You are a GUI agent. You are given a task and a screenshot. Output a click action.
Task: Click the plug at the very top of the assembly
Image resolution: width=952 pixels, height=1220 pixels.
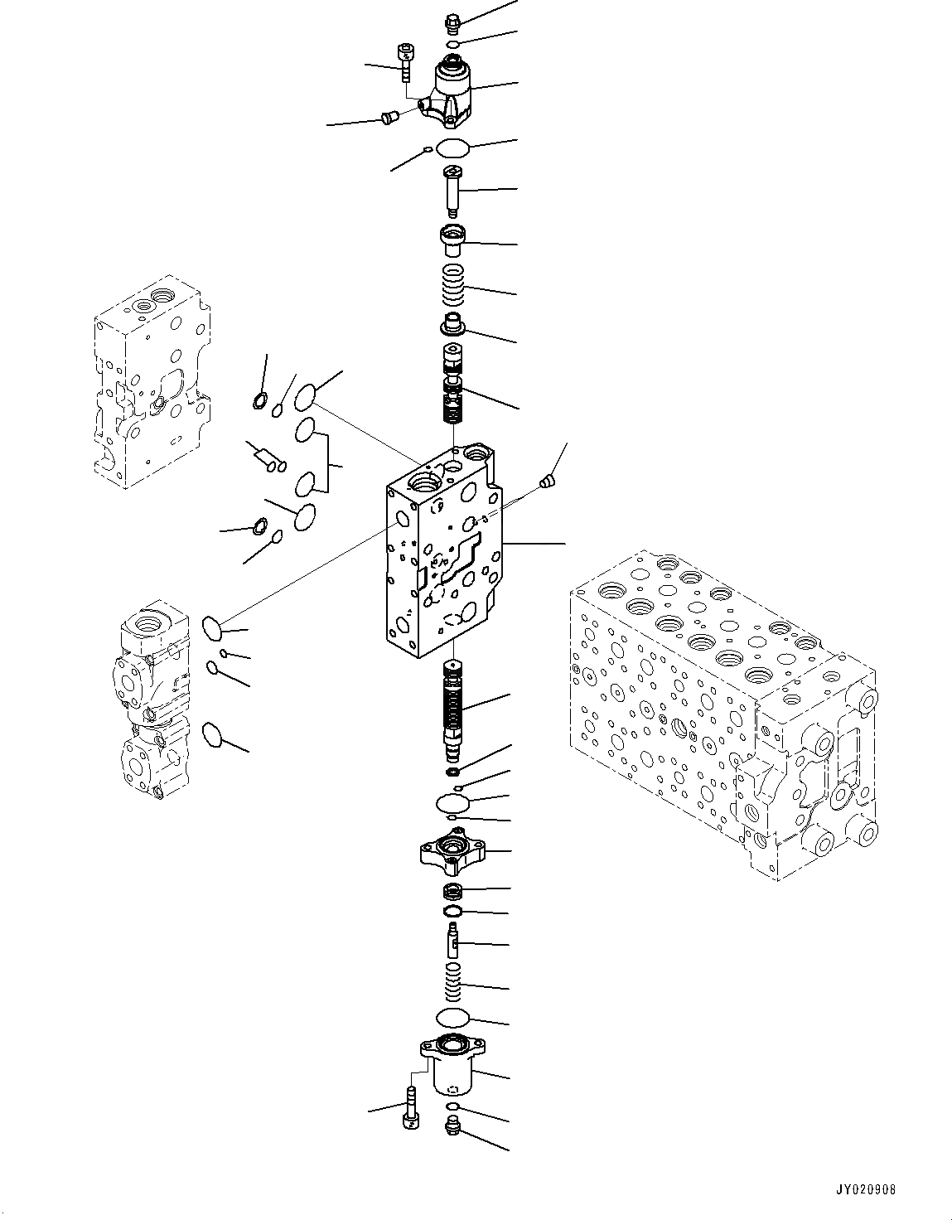pyautogui.click(x=452, y=22)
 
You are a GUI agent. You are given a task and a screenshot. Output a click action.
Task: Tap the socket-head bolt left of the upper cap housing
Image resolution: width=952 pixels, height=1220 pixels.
pyautogui.click(x=405, y=61)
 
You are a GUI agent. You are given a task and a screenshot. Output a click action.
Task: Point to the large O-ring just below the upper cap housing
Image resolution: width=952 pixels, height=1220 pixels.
pyautogui.click(x=453, y=148)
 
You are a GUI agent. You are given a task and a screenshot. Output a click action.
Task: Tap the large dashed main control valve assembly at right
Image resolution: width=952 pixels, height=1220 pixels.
pyautogui.click(x=721, y=713)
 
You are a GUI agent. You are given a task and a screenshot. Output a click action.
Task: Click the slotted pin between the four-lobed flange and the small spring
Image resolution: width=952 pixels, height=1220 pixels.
pyautogui.click(x=453, y=942)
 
